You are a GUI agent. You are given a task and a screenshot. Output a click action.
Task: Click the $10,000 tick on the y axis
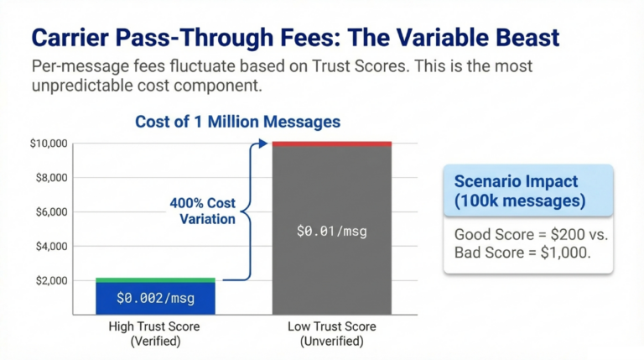[x=47, y=143]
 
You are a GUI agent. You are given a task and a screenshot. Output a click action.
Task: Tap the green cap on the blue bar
[x=155, y=279]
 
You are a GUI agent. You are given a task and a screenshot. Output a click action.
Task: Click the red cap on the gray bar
[x=332, y=143]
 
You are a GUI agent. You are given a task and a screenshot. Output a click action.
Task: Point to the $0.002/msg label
[x=156, y=298]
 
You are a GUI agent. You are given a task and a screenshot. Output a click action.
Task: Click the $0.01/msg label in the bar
[x=332, y=231]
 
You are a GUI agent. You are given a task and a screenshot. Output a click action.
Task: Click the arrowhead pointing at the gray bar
[x=267, y=143]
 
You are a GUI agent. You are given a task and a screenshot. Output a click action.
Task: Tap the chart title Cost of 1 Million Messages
[x=237, y=122]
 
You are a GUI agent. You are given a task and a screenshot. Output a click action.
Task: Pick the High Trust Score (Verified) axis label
[x=156, y=334]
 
